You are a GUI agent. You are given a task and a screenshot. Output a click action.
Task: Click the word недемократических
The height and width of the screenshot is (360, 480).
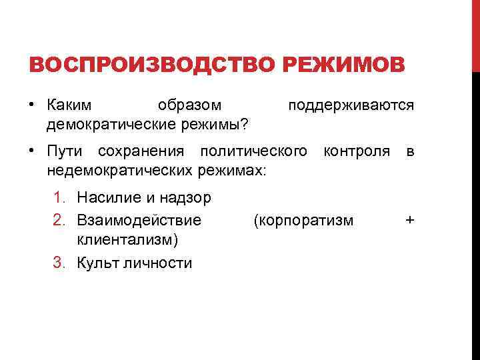coord(118,169)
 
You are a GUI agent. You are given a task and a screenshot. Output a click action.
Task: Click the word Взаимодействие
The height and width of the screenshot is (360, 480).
coord(139,220)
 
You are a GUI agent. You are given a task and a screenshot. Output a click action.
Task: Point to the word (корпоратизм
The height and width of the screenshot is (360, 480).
coord(303,220)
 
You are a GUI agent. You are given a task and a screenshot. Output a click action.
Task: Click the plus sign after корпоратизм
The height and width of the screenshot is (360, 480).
coord(410,220)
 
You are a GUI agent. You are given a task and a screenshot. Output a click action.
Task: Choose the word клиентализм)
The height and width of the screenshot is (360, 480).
coord(127,238)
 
